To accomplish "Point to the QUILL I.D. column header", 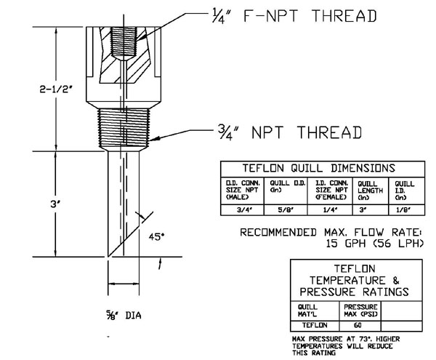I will coord(404,189).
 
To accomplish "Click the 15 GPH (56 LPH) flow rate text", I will coord(371,244).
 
